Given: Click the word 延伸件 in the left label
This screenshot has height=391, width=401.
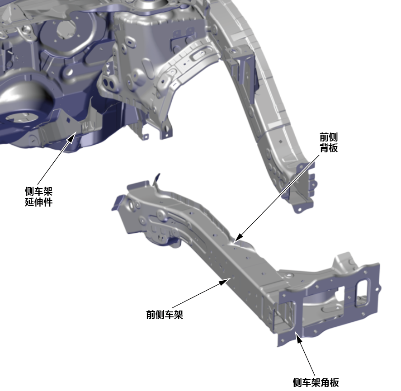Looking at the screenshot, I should (38, 202).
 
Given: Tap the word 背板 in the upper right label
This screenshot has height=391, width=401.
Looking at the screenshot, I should (329, 148).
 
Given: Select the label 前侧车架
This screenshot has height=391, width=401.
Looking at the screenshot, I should (165, 315).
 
